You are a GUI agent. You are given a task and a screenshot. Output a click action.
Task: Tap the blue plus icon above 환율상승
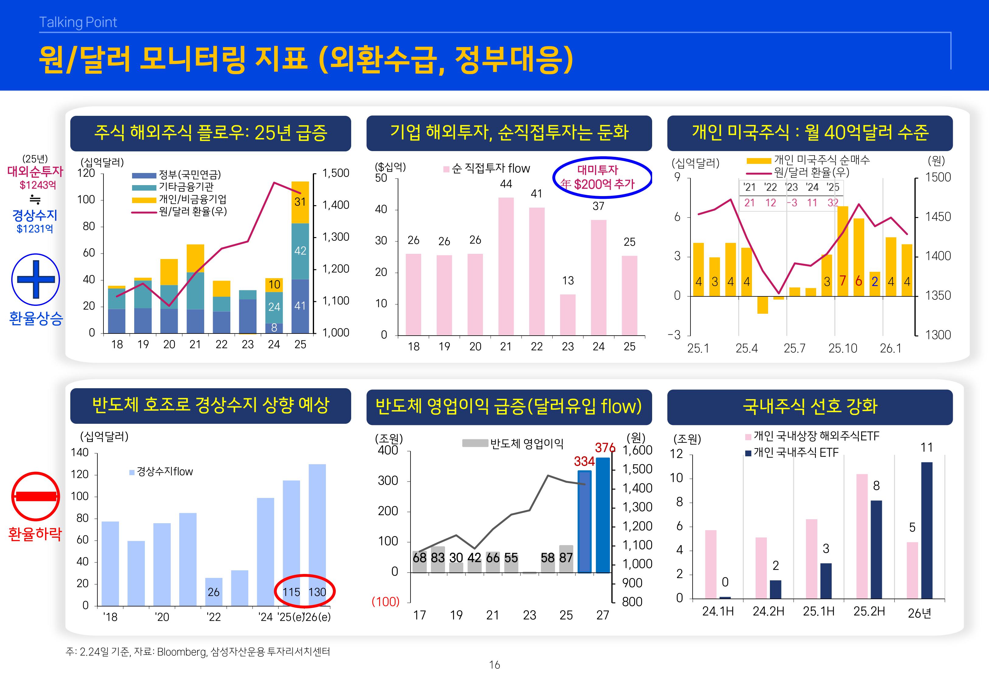click(x=36, y=279)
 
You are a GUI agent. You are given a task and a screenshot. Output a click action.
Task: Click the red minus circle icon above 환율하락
click(x=35, y=496)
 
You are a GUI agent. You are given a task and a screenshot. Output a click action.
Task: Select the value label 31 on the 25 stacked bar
click(x=300, y=202)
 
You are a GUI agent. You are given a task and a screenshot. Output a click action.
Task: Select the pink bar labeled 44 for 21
click(x=506, y=266)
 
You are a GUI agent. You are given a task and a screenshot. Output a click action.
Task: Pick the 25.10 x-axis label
click(x=842, y=348)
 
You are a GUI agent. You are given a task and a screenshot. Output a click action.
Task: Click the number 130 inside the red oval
click(x=317, y=592)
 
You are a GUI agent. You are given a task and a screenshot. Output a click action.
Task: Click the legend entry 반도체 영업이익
click(x=526, y=444)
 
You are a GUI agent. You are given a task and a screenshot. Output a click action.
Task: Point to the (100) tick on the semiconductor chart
click(x=385, y=602)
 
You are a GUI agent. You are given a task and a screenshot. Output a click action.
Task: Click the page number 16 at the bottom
click(x=495, y=665)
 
